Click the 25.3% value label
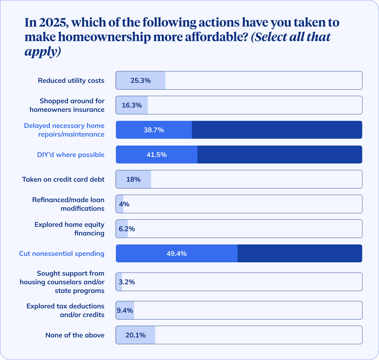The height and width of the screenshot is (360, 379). point(140,81)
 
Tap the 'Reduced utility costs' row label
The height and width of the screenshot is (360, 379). point(71,81)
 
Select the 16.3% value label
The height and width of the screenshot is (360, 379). point(132,105)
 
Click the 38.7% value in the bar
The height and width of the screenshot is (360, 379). point(154,130)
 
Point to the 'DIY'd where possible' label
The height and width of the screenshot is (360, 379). point(71,155)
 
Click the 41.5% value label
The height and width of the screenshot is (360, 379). point(156,155)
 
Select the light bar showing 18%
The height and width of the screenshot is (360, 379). point(133,179)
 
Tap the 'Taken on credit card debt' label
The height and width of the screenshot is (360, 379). point(63,180)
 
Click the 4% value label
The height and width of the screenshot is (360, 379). point(124,204)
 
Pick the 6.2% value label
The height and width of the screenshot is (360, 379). point(127,229)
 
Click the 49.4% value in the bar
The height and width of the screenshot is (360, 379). point(177,254)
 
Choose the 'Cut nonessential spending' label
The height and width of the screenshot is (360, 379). point(62,254)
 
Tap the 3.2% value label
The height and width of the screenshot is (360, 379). point(127,282)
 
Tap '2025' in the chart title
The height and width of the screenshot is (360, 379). point(50,23)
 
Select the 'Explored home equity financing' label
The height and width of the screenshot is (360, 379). point(69,229)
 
